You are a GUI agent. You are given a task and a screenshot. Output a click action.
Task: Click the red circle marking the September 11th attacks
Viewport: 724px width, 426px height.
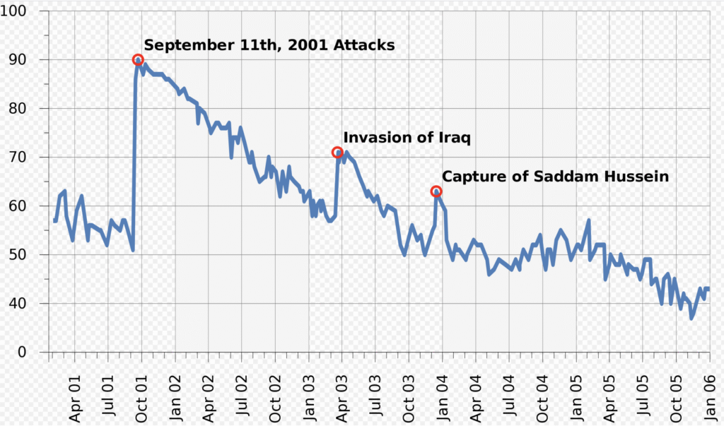[138, 60]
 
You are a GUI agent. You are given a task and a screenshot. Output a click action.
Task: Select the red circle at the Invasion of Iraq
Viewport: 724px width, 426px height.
[338, 153]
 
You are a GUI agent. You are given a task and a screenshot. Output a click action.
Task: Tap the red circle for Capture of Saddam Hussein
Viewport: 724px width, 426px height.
[436, 191]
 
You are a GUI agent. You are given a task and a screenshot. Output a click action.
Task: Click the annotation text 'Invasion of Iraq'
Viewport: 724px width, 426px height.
[407, 137]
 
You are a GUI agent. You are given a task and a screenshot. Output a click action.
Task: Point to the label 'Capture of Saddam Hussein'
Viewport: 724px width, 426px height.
[555, 177]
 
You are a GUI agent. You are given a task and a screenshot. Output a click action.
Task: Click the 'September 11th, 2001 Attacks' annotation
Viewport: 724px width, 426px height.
[269, 45]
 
